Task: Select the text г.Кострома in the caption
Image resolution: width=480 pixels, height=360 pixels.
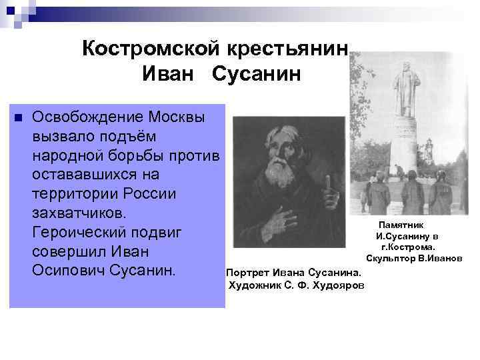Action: coord(408,247)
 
